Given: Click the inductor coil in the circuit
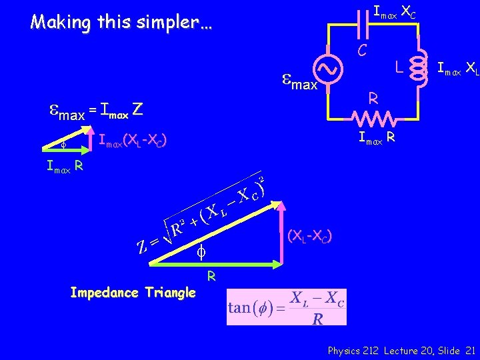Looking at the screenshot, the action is [x=419, y=67].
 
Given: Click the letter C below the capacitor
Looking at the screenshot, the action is [x=361, y=49].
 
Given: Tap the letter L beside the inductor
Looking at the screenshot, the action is [x=397, y=67].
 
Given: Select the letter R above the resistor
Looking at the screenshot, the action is [x=374, y=99].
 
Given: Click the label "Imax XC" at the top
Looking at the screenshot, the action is [x=395, y=11].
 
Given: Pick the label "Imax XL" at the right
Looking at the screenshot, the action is [x=458, y=67].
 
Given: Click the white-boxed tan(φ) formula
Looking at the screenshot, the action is [x=287, y=307].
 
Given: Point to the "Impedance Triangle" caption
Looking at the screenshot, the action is [x=133, y=293].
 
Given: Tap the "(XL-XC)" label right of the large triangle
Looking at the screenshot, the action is [x=310, y=236].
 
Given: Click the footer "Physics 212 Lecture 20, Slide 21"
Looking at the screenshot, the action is [x=401, y=350].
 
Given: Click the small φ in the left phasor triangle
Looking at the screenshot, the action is [x=63, y=144].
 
